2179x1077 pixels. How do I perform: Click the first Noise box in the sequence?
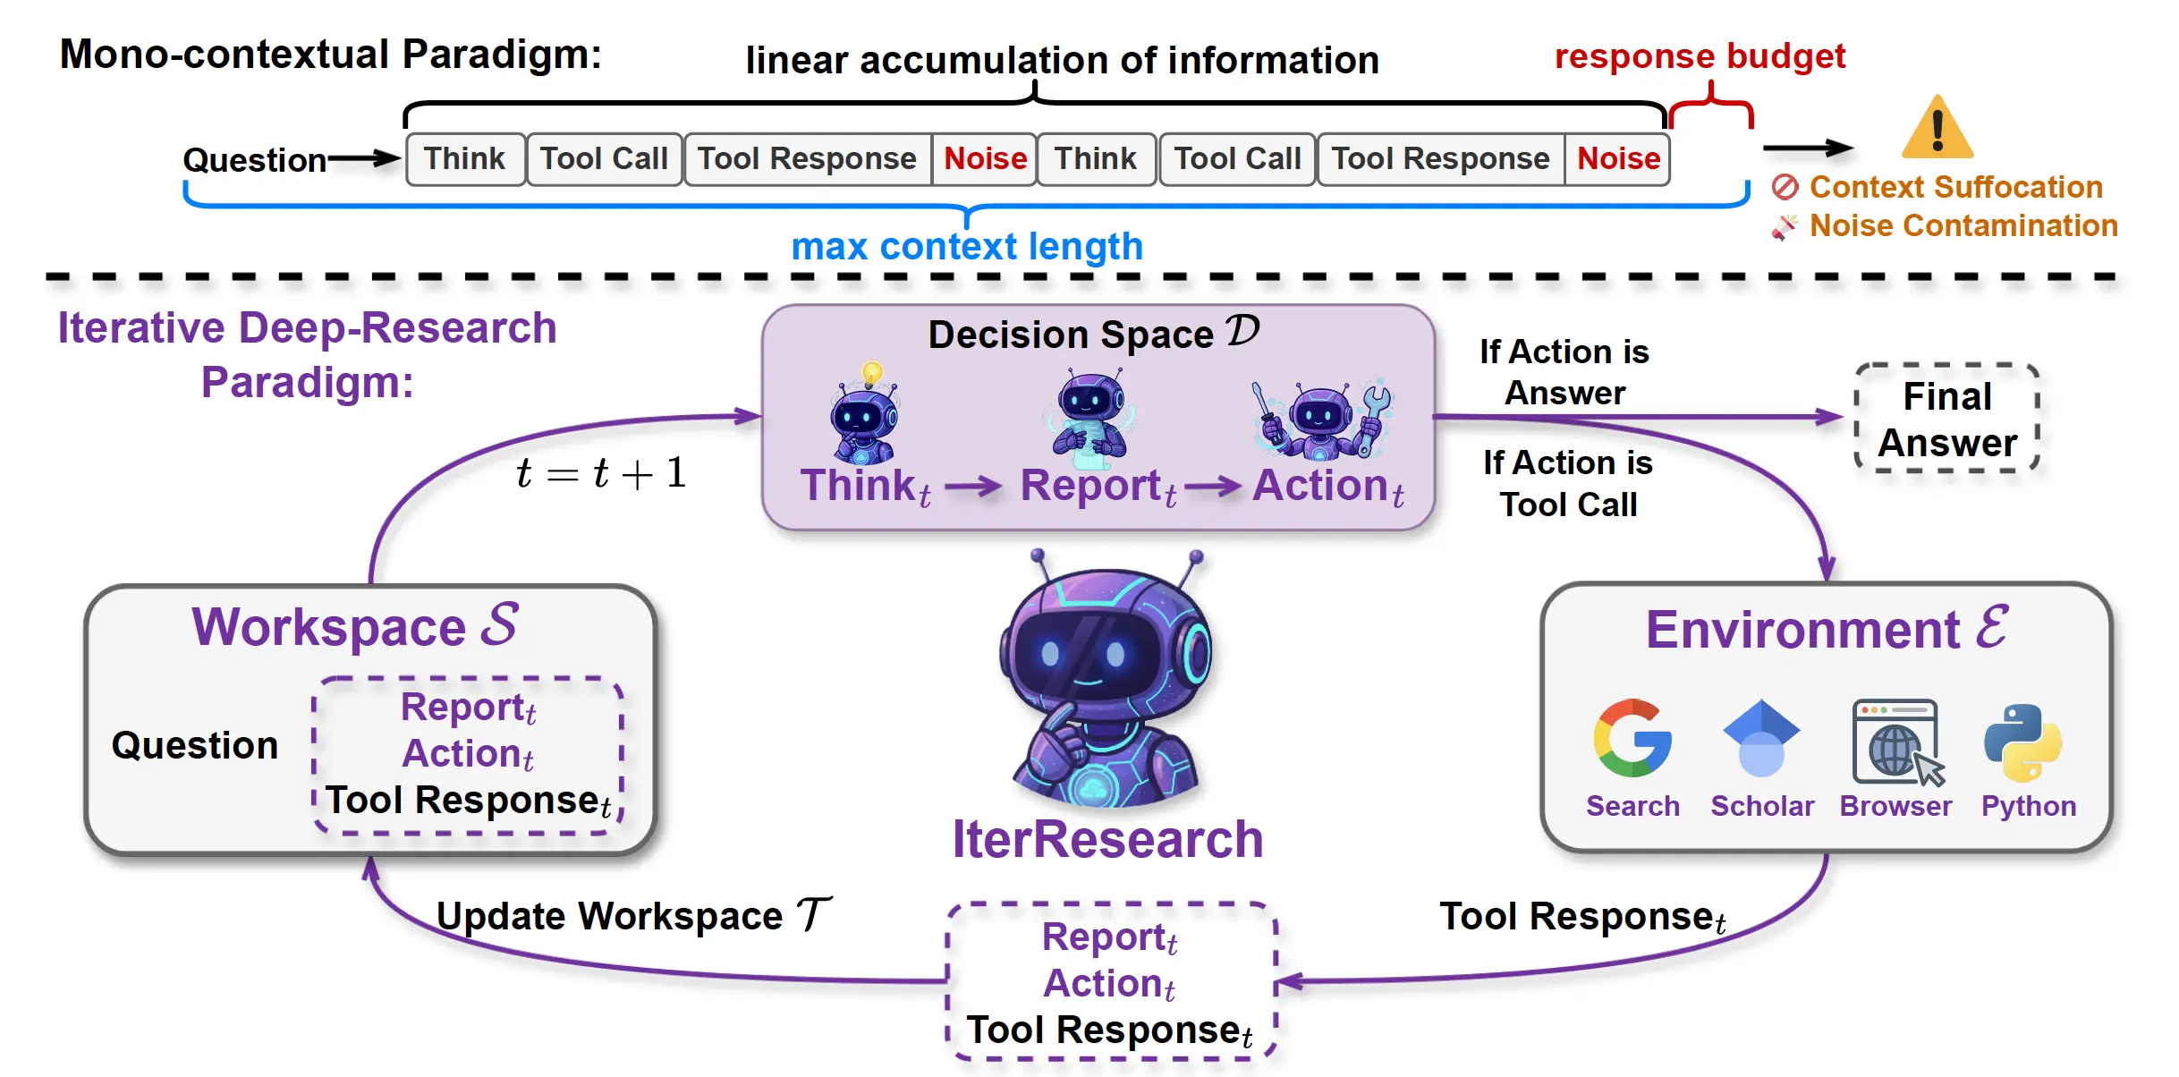(x=985, y=159)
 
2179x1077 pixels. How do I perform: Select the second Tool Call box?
(x=1237, y=159)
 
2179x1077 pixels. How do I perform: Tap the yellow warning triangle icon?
(x=1937, y=129)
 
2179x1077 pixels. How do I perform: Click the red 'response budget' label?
(x=1700, y=56)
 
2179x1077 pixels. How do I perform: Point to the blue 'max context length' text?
(x=967, y=246)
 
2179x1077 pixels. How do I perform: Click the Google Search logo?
(x=1632, y=738)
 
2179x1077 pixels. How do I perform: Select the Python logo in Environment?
(x=2023, y=742)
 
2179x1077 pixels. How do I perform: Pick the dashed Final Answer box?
(x=1947, y=419)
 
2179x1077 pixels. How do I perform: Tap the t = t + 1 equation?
(x=601, y=472)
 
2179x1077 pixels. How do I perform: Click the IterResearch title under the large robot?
(x=1107, y=839)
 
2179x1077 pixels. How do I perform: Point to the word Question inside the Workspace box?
(x=195, y=745)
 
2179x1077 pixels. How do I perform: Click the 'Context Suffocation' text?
(x=1955, y=187)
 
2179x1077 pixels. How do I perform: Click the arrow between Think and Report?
(x=973, y=487)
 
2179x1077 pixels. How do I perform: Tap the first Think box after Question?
(x=465, y=159)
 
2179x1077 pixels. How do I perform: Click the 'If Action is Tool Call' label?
(x=1568, y=484)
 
